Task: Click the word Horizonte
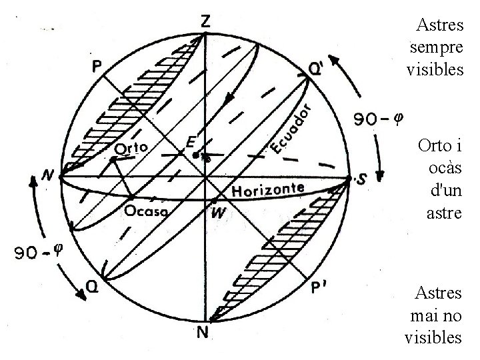267,190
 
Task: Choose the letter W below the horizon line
217,215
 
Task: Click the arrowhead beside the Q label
81,294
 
